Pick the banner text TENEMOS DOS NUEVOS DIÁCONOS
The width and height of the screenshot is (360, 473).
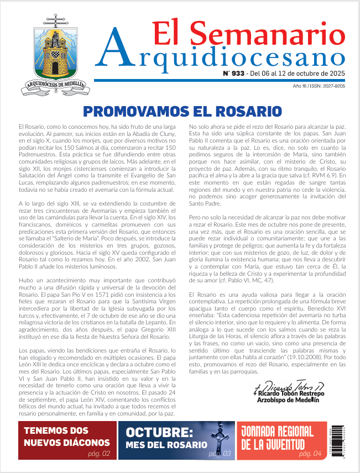tap(59, 437)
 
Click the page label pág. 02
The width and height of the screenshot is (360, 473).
tap(99, 454)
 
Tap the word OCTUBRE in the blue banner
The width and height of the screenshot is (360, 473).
tap(159, 433)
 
